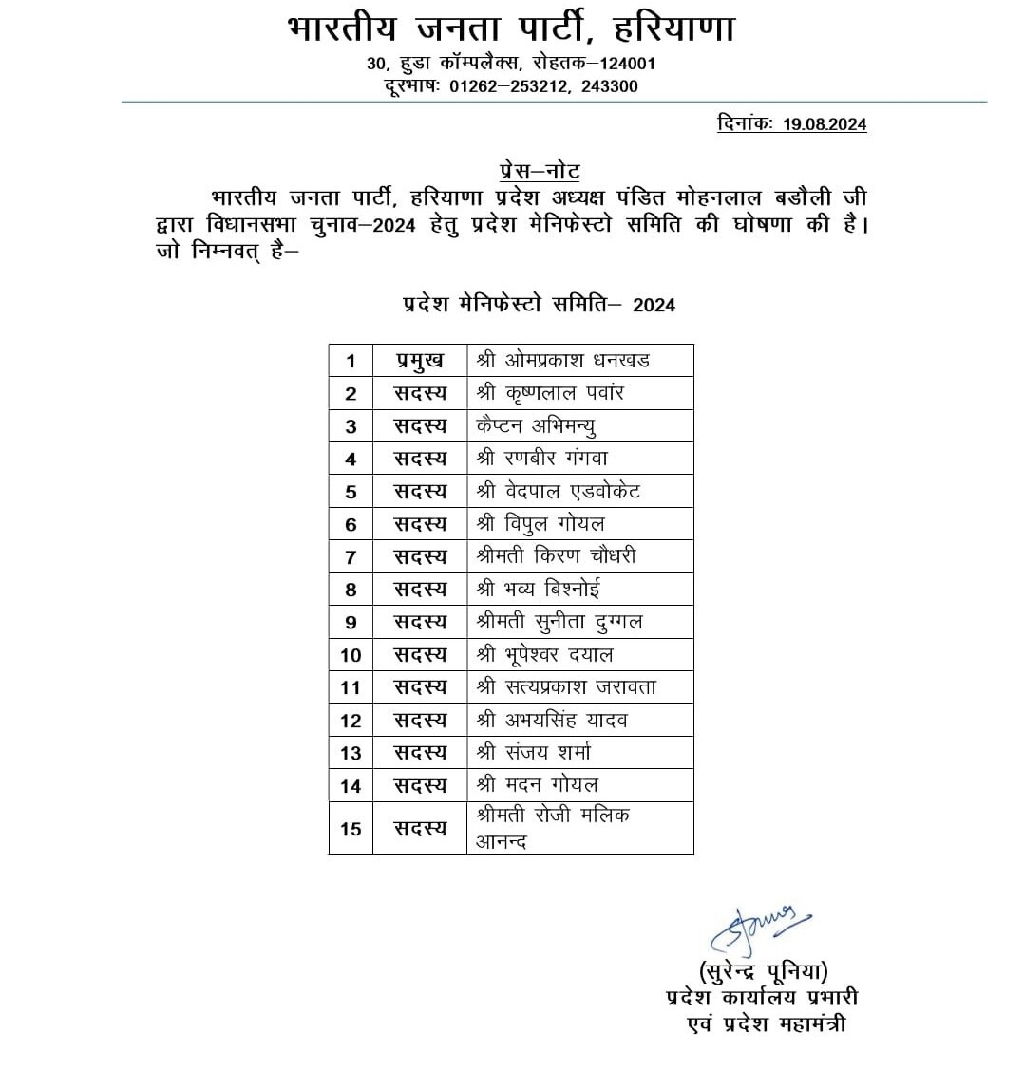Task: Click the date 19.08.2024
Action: pyautogui.click(x=825, y=124)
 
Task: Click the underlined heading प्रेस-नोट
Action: pyautogui.click(x=540, y=172)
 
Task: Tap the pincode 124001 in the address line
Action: pyautogui.click(x=624, y=64)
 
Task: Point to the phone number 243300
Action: pyautogui.click(x=609, y=86)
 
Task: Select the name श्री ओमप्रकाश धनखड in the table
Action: pyautogui.click(x=563, y=361)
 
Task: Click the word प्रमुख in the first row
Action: pyautogui.click(x=420, y=361)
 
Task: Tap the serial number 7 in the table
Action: pyautogui.click(x=351, y=556)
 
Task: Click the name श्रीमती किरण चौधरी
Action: pyautogui.click(x=557, y=555)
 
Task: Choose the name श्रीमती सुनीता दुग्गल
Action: pyautogui.click(x=559, y=622)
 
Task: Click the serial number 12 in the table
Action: pyautogui.click(x=351, y=721)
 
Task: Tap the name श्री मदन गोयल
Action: pyautogui.click(x=538, y=785)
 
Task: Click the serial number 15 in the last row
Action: pyautogui.click(x=351, y=829)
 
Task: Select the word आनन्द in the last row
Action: pyautogui.click(x=502, y=842)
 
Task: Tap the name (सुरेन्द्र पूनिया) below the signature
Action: pyautogui.click(x=764, y=971)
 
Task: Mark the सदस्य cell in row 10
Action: pyautogui.click(x=420, y=654)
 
